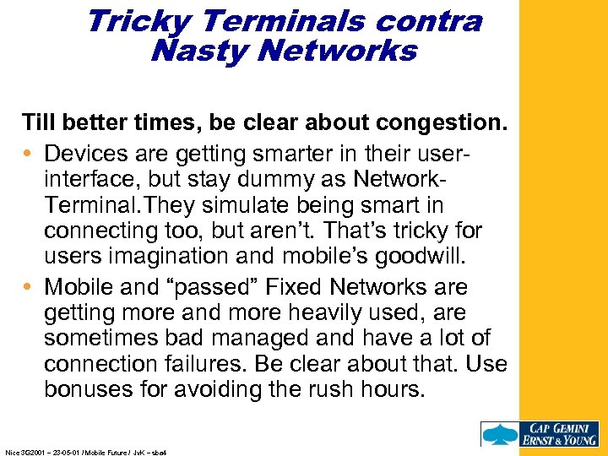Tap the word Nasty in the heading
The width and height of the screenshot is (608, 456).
tap(199, 52)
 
